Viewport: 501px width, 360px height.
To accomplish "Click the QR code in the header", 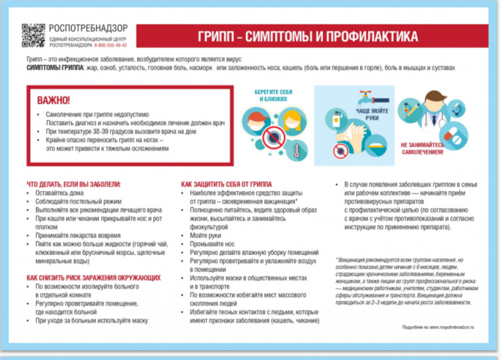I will (x=34, y=35).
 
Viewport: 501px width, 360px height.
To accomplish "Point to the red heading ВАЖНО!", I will (x=54, y=100).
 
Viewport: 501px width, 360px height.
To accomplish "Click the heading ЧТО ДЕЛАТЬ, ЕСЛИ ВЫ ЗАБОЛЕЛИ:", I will (x=74, y=184).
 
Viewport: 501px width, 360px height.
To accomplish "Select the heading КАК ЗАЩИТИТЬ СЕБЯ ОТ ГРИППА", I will (x=226, y=184).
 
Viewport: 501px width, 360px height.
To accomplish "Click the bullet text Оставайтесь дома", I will (x=60, y=193).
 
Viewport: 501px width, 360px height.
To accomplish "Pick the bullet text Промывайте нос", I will (x=210, y=243).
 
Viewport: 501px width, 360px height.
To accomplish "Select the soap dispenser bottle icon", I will (x=337, y=123).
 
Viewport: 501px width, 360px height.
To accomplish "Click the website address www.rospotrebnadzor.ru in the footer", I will (x=451, y=327).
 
